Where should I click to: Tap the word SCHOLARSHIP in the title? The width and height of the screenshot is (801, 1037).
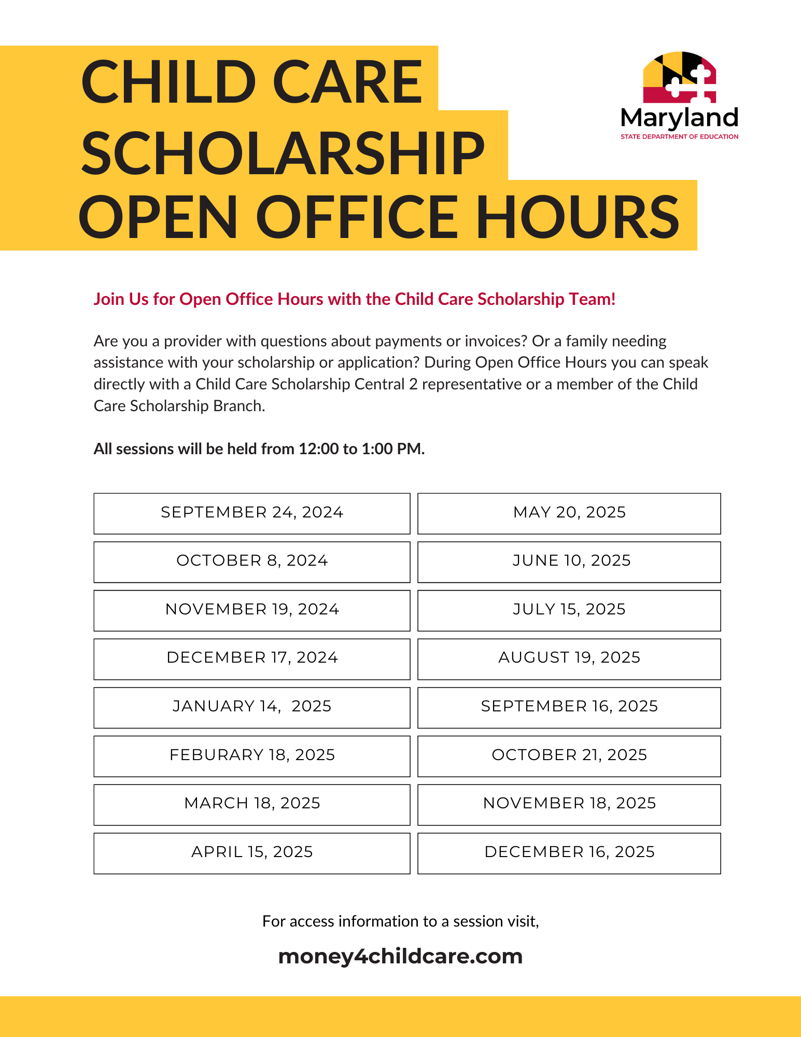click(x=283, y=153)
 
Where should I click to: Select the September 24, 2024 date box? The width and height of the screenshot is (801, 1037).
click(x=252, y=513)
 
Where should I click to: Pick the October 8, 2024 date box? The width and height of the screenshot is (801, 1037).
click(x=252, y=561)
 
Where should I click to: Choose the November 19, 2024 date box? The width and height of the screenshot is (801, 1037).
click(x=252, y=610)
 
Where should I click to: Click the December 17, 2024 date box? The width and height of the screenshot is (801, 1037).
click(x=252, y=658)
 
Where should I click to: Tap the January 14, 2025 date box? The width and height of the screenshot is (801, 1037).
click(x=252, y=707)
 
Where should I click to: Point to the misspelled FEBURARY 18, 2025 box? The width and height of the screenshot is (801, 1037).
click(x=252, y=755)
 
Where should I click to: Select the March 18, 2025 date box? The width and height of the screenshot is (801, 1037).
click(x=252, y=804)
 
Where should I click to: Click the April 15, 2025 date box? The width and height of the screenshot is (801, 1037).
click(x=252, y=852)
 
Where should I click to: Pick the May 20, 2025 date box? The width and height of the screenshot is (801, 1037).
click(x=569, y=513)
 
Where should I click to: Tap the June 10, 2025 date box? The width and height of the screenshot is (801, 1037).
click(x=569, y=561)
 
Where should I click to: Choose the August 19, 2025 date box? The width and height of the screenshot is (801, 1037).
click(x=569, y=658)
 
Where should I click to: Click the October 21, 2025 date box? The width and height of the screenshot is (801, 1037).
click(x=569, y=755)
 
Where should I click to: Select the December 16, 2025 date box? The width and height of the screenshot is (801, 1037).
click(x=569, y=852)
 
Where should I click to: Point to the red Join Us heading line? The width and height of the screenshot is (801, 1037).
click(x=355, y=299)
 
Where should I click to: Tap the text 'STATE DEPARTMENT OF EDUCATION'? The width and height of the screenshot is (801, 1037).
click(x=679, y=137)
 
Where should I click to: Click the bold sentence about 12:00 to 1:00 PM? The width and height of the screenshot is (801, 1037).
click(x=259, y=449)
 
